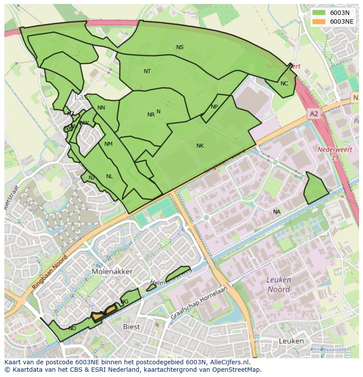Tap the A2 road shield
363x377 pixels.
coord(313,114)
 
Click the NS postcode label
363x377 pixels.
coord(180,47)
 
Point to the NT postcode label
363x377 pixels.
coord(147,71)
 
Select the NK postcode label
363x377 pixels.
coord(200,146)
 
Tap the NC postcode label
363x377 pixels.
coord(284,84)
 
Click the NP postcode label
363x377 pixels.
coord(214,107)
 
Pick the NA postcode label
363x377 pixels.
coord(277,212)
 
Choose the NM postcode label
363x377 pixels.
coord(108,144)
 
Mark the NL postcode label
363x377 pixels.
coord(109,176)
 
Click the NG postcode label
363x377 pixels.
coord(125,302)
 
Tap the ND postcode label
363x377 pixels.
coord(72,328)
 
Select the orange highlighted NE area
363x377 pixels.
coord(104,313)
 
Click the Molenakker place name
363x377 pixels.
coord(112,271)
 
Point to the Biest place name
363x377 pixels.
coord(131,327)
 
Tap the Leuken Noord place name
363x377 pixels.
coord(279,285)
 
